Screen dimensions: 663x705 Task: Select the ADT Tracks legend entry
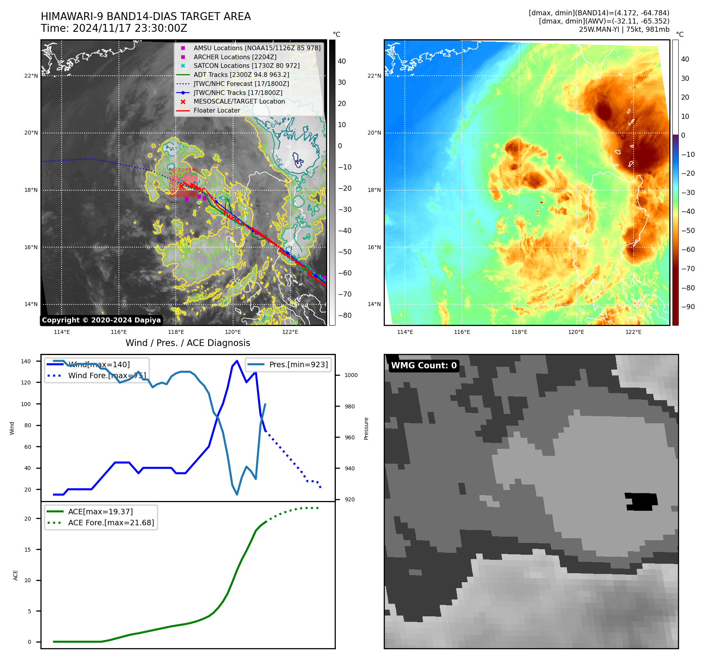[x=241, y=75]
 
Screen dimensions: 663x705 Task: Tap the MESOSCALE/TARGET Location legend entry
[x=239, y=101]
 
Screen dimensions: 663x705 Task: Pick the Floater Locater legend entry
[x=217, y=110]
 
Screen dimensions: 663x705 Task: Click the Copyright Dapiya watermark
[x=101, y=320]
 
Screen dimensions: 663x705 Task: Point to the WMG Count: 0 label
[x=424, y=366]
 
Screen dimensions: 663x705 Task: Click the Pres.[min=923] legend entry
[x=298, y=364]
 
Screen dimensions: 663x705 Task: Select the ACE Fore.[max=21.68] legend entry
[x=111, y=523]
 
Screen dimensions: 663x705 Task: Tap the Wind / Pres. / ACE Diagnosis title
[x=188, y=343]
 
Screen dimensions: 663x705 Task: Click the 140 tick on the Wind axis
[x=26, y=361]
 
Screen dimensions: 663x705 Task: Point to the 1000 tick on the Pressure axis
[x=351, y=375]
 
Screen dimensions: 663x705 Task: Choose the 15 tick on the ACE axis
[x=27, y=550]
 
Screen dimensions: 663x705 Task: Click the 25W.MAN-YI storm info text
[x=624, y=29]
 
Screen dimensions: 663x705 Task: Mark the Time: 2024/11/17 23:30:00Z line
[x=114, y=28]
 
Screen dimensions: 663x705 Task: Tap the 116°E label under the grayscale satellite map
[x=119, y=332]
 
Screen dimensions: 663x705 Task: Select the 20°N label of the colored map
[x=374, y=133]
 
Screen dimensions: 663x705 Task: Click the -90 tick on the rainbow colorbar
[x=688, y=307]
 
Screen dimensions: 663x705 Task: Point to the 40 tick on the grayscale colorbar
[x=342, y=61]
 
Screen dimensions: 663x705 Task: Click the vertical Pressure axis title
[x=366, y=428]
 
